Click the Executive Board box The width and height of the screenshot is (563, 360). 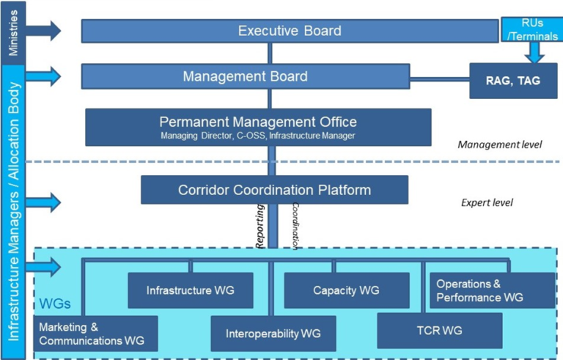[x=290, y=31]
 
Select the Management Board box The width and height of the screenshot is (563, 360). [x=245, y=76]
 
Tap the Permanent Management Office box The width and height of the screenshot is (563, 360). [x=258, y=126]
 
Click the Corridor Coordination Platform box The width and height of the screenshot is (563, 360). [x=274, y=190]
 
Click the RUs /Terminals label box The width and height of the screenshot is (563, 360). [x=532, y=30]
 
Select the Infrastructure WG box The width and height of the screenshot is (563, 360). [x=190, y=290]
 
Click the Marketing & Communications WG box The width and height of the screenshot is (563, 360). [x=95, y=334]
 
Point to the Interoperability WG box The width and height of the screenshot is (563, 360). [x=273, y=334]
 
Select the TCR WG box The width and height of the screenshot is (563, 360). [x=440, y=331]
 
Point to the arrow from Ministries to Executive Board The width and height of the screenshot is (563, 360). [x=45, y=31]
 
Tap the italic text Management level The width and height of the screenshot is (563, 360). [x=499, y=144]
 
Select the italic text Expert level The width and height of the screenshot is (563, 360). [x=487, y=203]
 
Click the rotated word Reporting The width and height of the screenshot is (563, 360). [x=260, y=228]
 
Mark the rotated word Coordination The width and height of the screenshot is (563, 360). [x=295, y=227]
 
